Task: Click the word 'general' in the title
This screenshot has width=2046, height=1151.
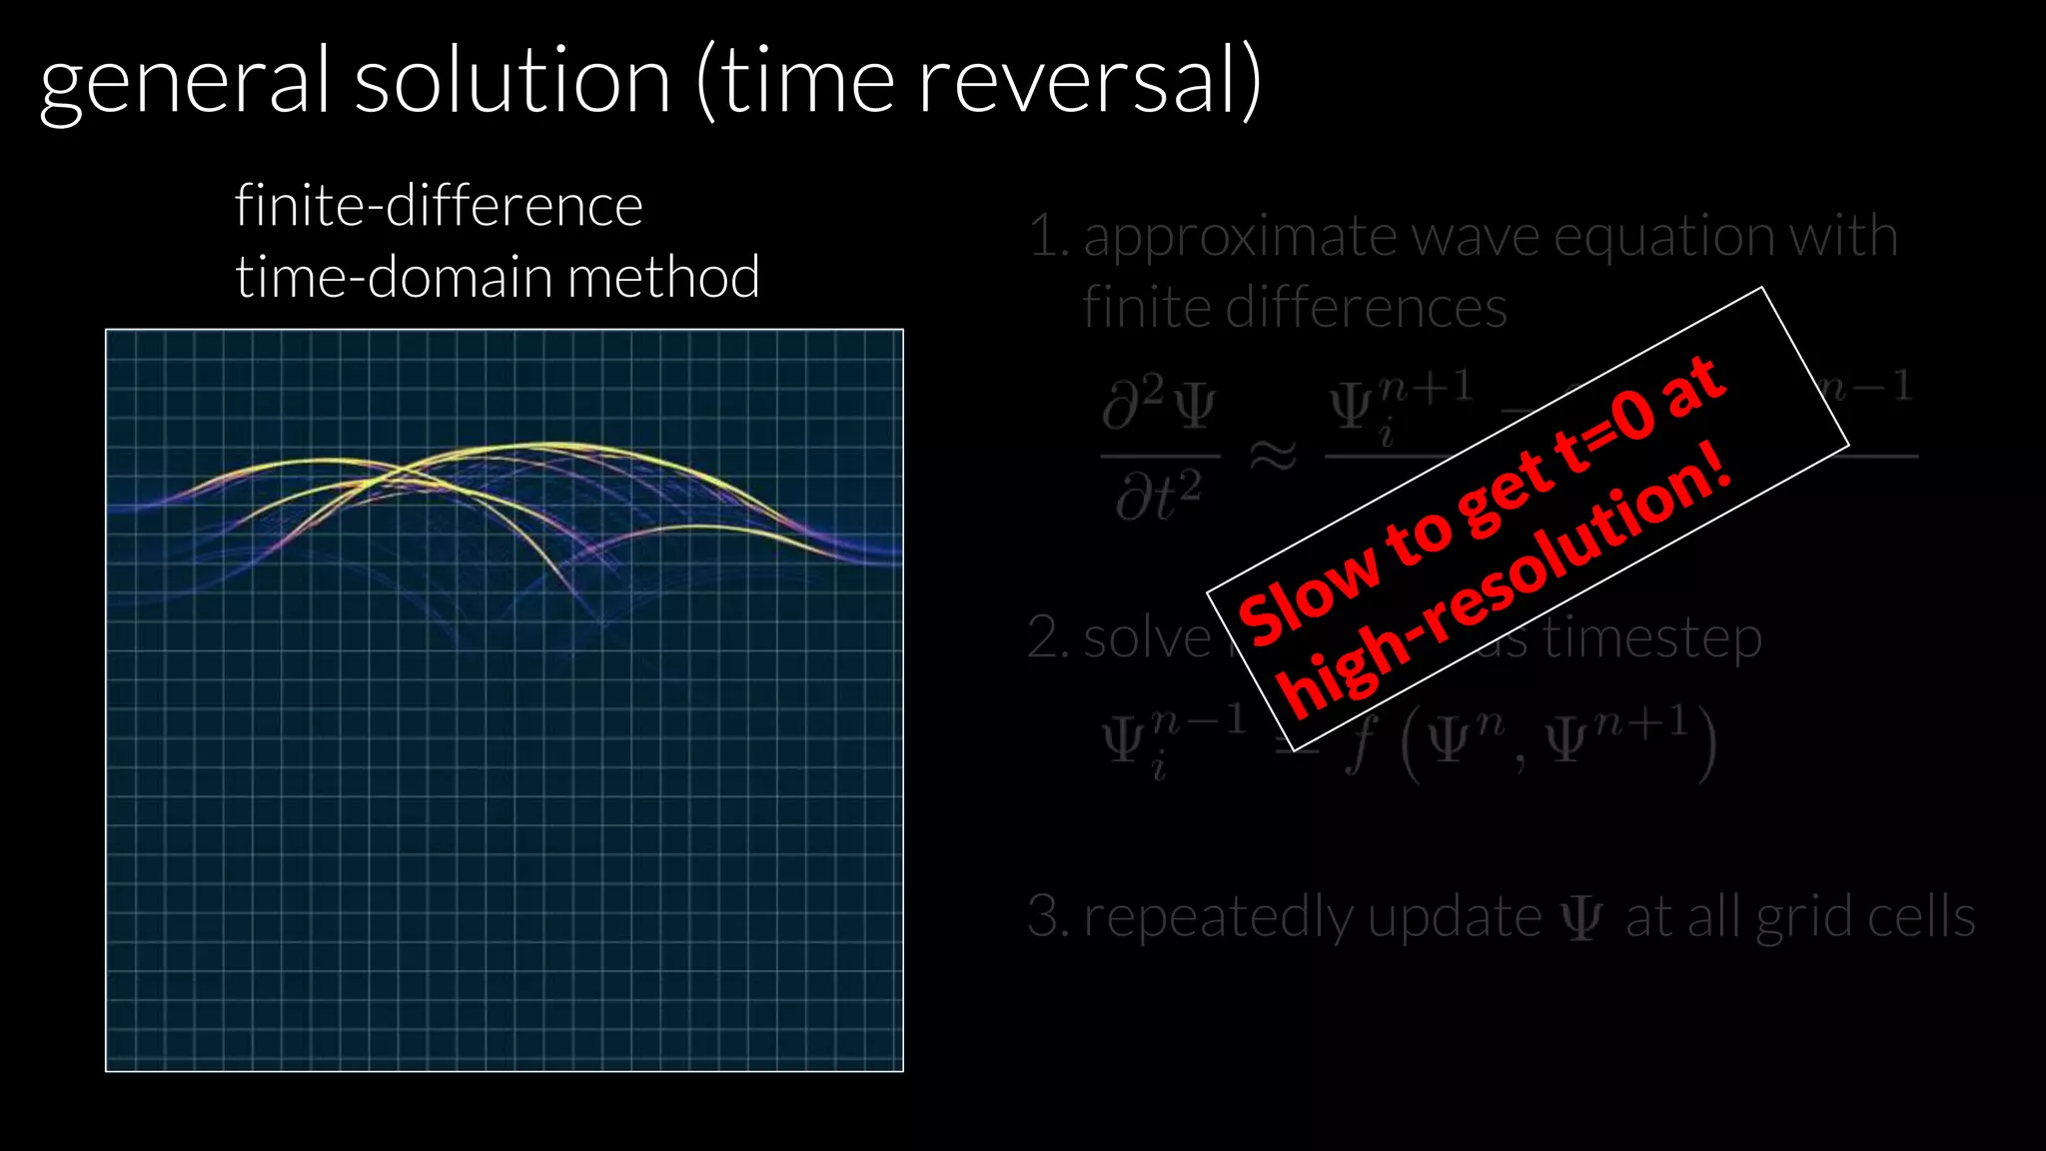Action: pyautogui.click(x=184, y=84)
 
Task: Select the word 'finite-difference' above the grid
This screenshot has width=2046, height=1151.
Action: pyautogui.click(x=439, y=206)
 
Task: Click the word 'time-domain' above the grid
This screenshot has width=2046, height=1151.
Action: pyautogui.click(x=394, y=277)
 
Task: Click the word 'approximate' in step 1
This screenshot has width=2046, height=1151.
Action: pyautogui.click(x=1240, y=238)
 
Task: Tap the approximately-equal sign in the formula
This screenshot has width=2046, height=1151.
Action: pyautogui.click(x=1273, y=457)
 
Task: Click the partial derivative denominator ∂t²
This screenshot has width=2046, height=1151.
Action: pyautogui.click(x=1159, y=497)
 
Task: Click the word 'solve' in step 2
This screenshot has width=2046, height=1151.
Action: pyautogui.click(x=1147, y=638)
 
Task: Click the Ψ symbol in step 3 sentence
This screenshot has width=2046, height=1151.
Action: pyautogui.click(x=1581, y=917)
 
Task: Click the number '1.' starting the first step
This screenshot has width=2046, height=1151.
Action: pyautogui.click(x=1048, y=238)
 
